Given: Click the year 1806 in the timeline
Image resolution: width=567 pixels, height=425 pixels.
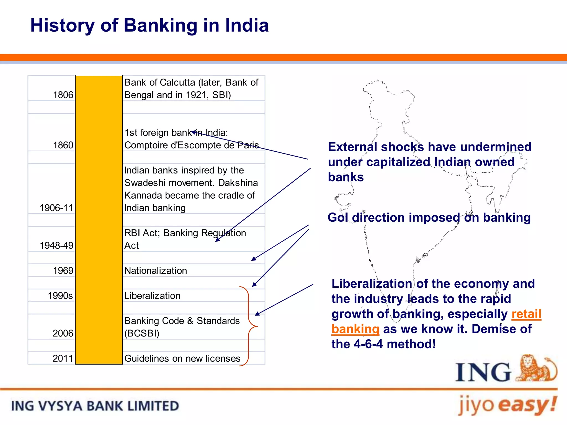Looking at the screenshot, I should pyautogui.click(x=63, y=95).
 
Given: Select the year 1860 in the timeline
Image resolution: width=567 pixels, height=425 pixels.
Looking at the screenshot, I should pyautogui.click(x=63, y=145).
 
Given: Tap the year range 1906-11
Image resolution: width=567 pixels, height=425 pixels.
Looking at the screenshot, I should pyautogui.click(x=56, y=208).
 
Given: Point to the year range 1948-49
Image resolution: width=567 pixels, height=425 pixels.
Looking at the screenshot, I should pyautogui.click(x=56, y=245).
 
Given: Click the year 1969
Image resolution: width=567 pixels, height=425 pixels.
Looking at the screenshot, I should pyautogui.click(x=63, y=271).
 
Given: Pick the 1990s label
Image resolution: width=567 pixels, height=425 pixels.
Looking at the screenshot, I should pyautogui.click(x=60, y=296).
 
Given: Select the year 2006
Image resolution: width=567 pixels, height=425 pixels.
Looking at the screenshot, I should pyautogui.click(x=63, y=333).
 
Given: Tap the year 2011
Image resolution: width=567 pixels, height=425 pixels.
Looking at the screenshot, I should pyautogui.click(x=63, y=359).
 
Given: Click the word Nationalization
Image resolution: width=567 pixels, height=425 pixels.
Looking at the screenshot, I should pyautogui.click(x=156, y=271).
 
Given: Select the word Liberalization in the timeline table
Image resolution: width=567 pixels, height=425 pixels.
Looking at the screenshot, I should pyautogui.click(x=152, y=296).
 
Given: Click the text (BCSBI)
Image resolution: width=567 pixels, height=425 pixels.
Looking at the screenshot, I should pyautogui.click(x=142, y=333).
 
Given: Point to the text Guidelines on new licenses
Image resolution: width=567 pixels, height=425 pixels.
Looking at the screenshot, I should pyautogui.click(x=182, y=359).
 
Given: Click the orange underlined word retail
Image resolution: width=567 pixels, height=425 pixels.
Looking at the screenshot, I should pyautogui.click(x=526, y=314).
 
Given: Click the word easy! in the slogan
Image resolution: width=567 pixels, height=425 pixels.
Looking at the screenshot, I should pyautogui.click(x=528, y=405).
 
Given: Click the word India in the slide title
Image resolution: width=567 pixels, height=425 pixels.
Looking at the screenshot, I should pyautogui.click(x=247, y=25).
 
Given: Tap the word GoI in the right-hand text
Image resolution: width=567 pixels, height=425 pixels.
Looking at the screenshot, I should pyautogui.click(x=338, y=217).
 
